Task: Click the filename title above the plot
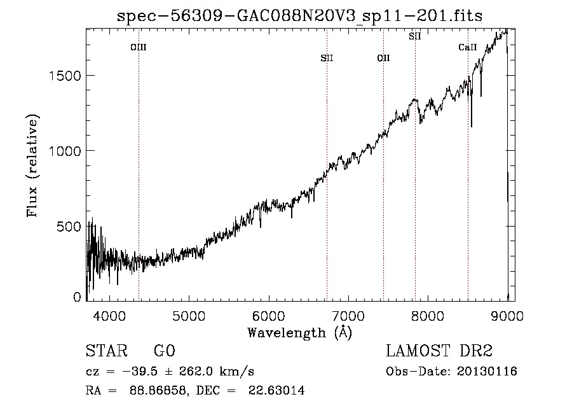(299, 16)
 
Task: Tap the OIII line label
(139, 47)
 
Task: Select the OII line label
(383, 58)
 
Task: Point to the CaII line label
(468, 47)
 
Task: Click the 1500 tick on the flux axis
(65, 76)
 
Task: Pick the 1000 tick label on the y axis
(65, 151)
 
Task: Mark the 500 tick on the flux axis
(69, 227)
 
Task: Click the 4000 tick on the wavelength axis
(109, 316)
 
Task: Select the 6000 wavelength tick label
(268, 316)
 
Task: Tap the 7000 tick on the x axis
(348, 316)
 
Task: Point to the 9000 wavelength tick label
(507, 316)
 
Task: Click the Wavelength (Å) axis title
(300, 333)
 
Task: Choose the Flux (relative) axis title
(32, 165)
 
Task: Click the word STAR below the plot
(107, 351)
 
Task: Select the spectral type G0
(165, 351)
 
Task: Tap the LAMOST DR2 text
(439, 351)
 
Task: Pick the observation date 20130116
(487, 372)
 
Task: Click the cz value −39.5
(140, 372)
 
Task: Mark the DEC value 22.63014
(276, 390)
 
